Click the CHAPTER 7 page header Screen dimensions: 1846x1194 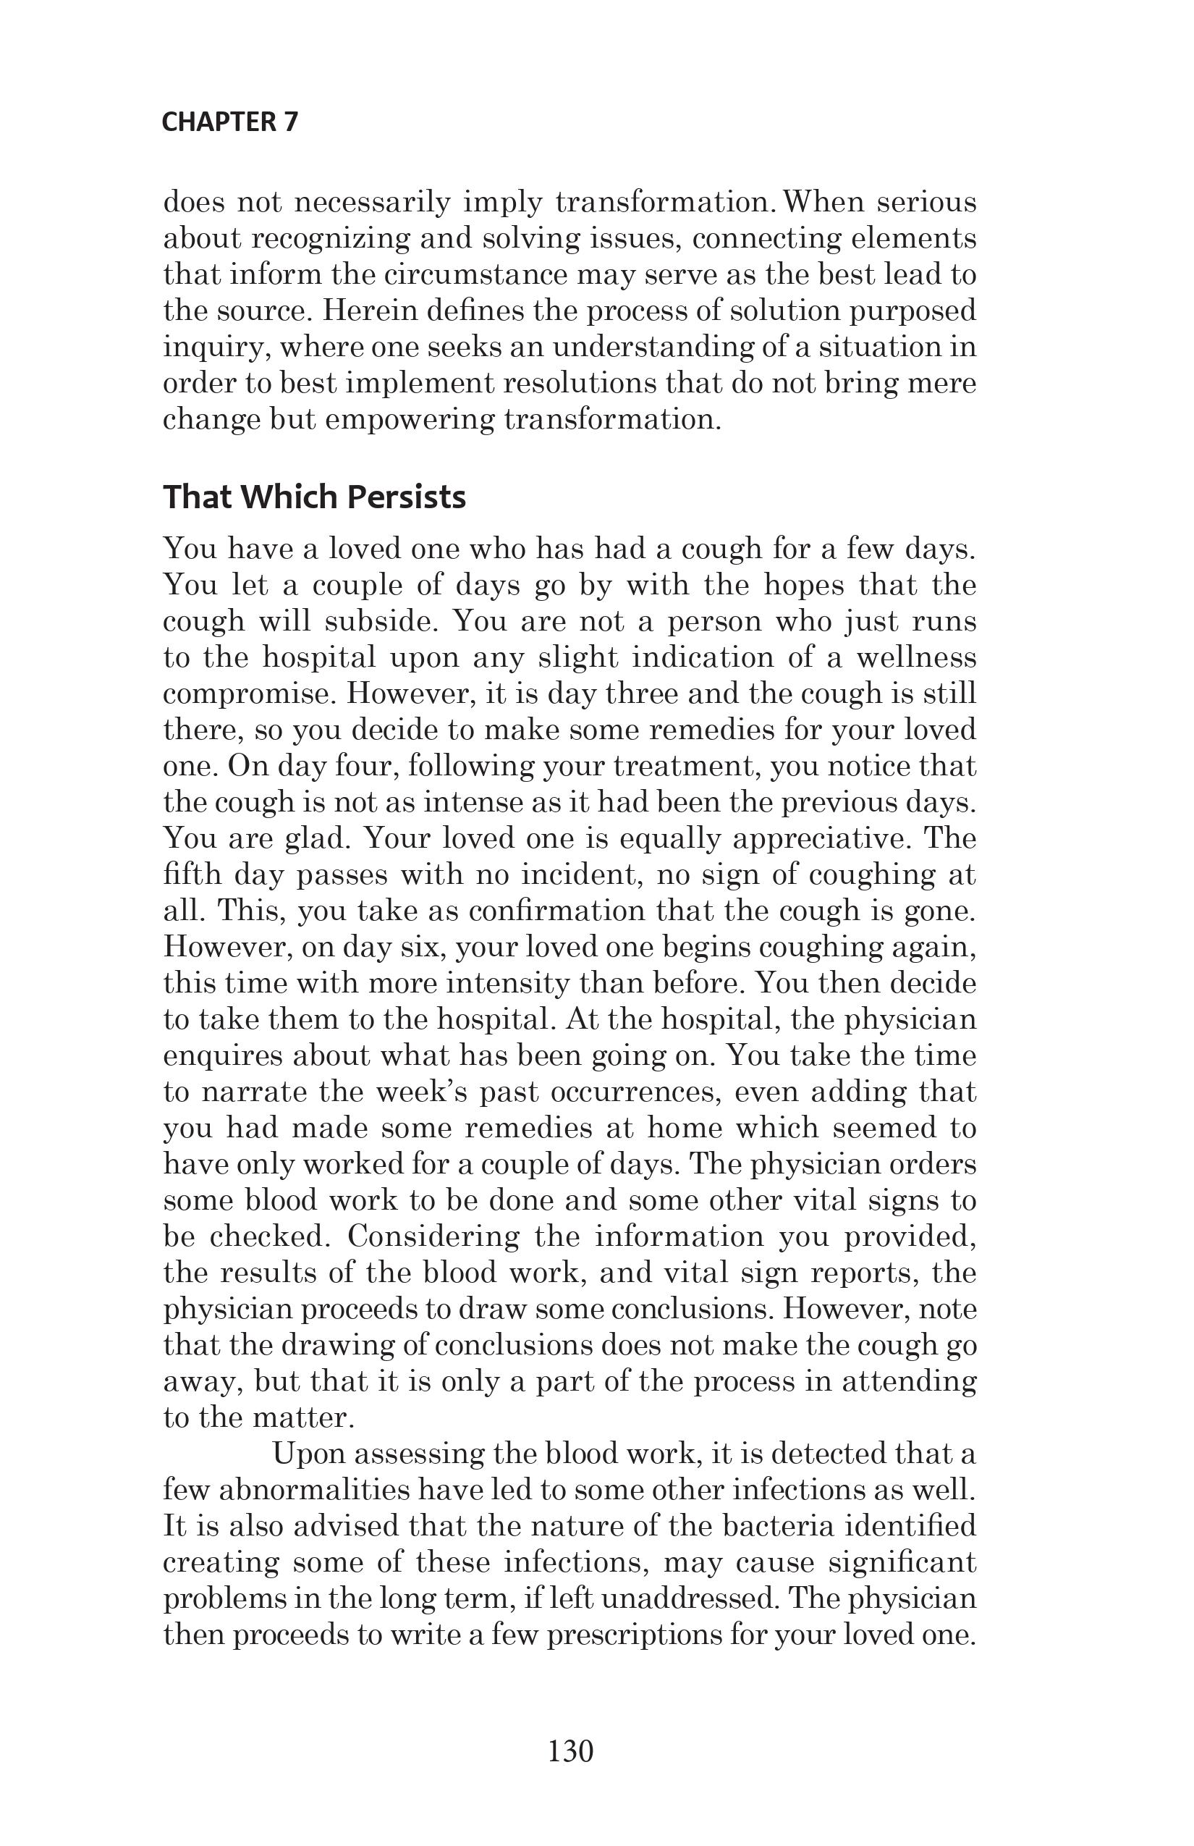coord(229,122)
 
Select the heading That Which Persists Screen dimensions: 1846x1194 coord(314,497)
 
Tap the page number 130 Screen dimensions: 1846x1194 coord(571,1751)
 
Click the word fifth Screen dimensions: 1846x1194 coord(193,875)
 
